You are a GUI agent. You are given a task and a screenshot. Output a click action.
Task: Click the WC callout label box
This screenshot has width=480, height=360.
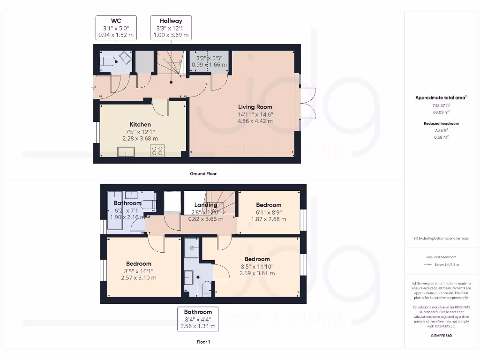tap(115, 28)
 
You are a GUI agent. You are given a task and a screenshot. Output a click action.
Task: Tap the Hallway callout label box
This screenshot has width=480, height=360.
tap(171, 28)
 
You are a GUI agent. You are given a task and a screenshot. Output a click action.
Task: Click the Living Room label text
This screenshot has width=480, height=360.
tap(255, 107)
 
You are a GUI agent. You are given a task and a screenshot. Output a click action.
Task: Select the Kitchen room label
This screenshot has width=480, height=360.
tap(140, 124)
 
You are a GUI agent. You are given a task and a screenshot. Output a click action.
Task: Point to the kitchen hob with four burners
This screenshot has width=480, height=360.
tap(157, 150)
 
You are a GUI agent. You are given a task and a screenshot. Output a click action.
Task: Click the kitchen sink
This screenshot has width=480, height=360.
tap(126, 151)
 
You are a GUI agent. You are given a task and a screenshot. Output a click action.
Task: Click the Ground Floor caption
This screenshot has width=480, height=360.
tap(203, 173)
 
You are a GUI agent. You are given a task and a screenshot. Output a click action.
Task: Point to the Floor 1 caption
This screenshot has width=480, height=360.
tap(203, 342)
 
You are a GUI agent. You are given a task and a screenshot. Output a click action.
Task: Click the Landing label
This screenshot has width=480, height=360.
tap(206, 205)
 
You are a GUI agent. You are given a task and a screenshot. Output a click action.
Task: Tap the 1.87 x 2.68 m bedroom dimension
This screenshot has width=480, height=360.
tap(269, 219)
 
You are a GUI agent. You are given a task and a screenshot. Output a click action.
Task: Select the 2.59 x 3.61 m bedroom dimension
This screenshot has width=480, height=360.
tap(257, 273)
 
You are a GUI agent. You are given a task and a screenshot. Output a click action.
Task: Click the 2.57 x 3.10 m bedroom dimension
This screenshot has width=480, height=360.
tap(138, 277)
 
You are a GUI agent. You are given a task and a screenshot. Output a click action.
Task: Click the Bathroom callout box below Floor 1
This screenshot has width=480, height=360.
tap(197, 319)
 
